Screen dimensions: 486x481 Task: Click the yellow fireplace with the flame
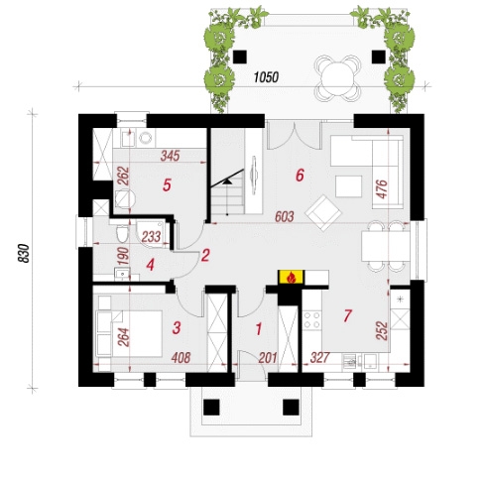(291, 277)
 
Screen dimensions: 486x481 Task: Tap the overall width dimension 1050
(267, 77)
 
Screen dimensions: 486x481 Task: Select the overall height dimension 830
(24, 253)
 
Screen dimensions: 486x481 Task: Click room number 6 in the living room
(300, 176)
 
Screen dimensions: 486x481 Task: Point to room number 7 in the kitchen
(347, 315)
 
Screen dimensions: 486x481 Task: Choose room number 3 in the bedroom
(177, 327)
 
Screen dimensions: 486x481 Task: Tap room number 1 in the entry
(259, 329)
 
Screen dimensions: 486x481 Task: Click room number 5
(167, 184)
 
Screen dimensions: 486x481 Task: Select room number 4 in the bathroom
(151, 265)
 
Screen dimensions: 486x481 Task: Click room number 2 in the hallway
(205, 256)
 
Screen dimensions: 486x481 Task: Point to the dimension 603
(285, 217)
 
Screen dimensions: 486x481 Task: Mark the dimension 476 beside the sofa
(382, 189)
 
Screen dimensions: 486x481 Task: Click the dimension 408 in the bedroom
(181, 358)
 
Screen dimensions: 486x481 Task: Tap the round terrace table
(337, 78)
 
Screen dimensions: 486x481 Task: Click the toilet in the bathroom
(122, 233)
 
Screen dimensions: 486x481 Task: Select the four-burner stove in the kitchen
(312, 319)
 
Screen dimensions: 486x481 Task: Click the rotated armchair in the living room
(323, 213)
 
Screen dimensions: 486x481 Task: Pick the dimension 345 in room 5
(170, 156)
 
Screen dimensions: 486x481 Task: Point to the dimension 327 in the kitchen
(320, 357)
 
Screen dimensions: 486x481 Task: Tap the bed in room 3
(129, 333)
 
